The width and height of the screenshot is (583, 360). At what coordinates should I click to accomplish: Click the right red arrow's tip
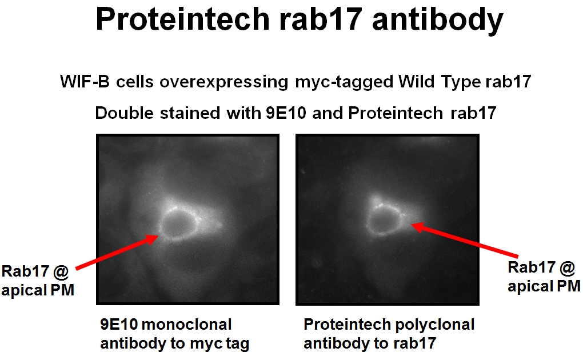click(x=413, y=225)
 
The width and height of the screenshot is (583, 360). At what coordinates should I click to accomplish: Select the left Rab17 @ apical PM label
click(x=38, y=280)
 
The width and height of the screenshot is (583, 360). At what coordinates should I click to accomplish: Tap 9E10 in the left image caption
click(x=118, y=325)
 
